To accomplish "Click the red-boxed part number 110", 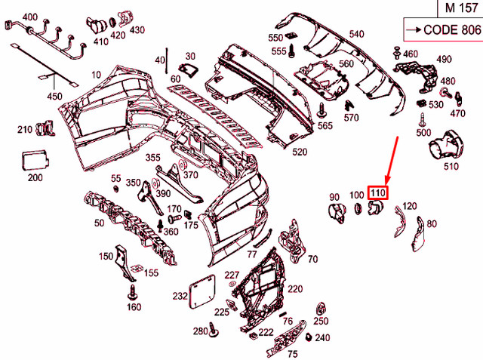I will [x=377, y=193].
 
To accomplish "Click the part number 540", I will [x=356, y=34].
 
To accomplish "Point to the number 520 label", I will [x=300, y=152].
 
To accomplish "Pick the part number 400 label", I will [x=29, y=17].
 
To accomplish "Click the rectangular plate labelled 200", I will [x=35, y=161].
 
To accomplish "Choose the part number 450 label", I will [x=55, y=96].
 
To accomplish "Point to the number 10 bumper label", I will [x=96, y=74].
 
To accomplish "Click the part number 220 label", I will [x=295, y=289].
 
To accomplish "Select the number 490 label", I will [x=444, y=59].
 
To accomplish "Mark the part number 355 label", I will [x=153, y=158].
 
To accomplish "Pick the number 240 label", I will [x=322, y=337].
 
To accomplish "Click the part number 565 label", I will [x=325, y=125].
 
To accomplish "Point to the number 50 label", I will [x=99, y=223].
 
